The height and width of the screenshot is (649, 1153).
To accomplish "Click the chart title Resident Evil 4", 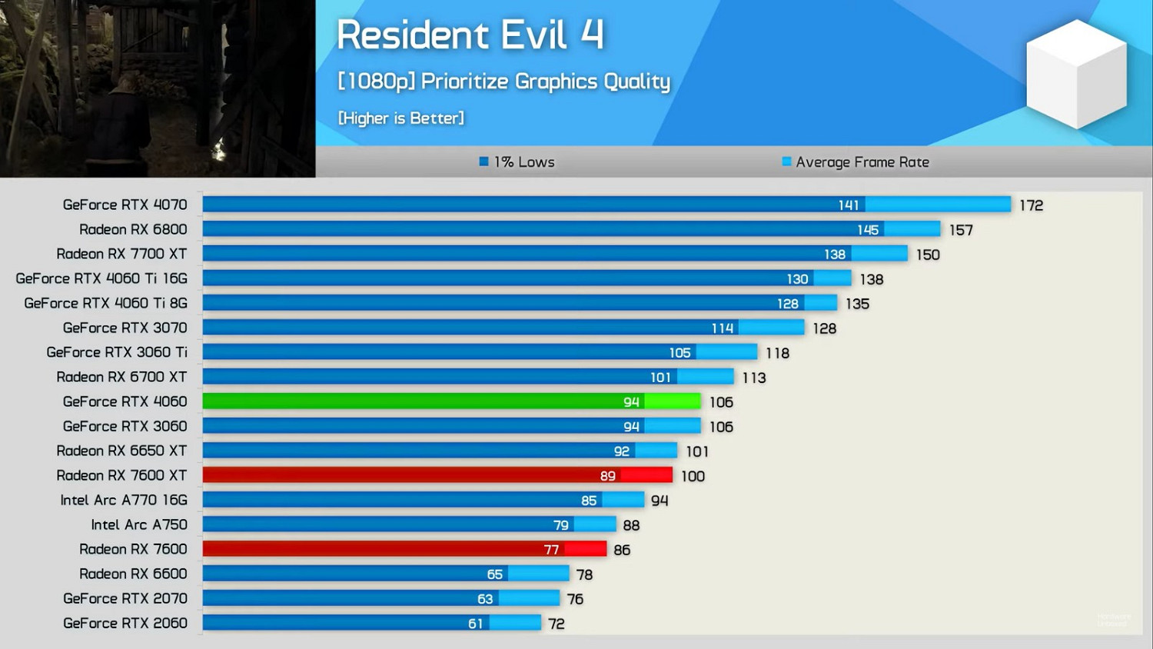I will (x=470, y=35).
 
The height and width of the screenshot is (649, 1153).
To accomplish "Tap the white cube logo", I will (x=1076, y=74).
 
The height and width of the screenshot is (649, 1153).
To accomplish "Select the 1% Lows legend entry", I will (x=517, y=162).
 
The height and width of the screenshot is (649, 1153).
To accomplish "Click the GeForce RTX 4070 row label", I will (x=125, y=205).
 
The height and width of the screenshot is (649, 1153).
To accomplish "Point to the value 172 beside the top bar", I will (x=1031, y=205).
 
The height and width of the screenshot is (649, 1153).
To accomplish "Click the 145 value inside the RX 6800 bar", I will (x=868, y=230).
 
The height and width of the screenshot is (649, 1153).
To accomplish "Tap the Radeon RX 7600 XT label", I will (x=121, y=475).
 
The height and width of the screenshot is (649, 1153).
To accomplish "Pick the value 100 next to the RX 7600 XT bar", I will (x=693, y=476).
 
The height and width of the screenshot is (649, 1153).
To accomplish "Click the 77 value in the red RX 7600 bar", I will (x=551, y=550).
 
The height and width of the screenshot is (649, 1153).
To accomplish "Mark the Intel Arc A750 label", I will (x=139, y=524).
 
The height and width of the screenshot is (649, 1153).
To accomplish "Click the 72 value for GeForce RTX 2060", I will (x=557, y=624).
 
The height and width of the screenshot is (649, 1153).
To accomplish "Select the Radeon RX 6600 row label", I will (x=133, y=574).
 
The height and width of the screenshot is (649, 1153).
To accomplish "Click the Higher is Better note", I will (x=400, y=118).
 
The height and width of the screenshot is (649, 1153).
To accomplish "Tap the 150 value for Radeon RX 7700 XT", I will (x=928, y=255).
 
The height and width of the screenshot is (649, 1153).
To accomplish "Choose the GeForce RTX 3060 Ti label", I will (x=117, y=352).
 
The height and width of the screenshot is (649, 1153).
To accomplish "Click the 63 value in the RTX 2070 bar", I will (x=485, y=599).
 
